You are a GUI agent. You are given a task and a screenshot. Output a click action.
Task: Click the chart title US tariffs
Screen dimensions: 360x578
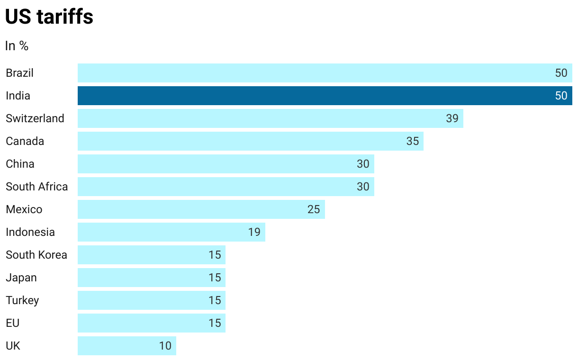click(49, 18)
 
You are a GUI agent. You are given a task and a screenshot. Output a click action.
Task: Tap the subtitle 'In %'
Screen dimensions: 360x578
click(17, 46)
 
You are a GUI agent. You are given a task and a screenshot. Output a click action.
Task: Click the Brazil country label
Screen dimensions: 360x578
click(19, 73)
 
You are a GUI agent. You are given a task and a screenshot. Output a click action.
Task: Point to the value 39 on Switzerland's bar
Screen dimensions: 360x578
click(452, 118)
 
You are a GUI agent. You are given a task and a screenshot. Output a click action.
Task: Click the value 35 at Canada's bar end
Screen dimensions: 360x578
click(412, 141)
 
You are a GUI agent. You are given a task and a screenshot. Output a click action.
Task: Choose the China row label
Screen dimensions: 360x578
click(20, 164)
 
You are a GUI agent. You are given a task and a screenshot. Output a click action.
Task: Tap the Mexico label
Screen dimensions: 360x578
click(24, 209)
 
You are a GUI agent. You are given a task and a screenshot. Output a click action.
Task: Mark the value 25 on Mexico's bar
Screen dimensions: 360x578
click(313, 209)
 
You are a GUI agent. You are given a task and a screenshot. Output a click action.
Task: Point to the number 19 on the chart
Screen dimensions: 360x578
click(254, 232)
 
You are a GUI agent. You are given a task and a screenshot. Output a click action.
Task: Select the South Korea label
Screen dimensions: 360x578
click(36, 255)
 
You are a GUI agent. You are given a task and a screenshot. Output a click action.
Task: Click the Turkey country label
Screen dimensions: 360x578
click(22, 300)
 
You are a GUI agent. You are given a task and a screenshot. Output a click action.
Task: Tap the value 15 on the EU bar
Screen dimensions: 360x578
click(215, 323)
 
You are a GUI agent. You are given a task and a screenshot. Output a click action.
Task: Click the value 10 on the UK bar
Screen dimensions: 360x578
click(165, 346)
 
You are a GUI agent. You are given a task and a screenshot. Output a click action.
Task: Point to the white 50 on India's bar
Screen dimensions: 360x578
click(561, 96)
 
